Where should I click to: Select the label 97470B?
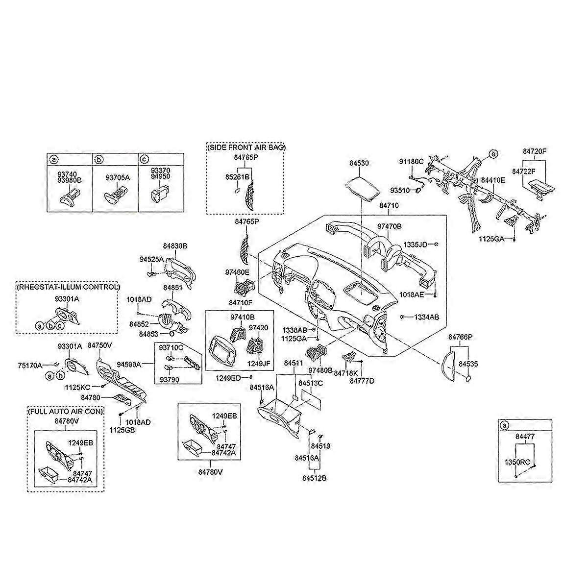pyautogui.click(x=389, y=226)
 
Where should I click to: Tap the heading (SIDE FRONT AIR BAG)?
pyautogui.click(x=245, y=147)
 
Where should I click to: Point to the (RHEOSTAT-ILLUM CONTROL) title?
pyautogui.click(x=68, y=287)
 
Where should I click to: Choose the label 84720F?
pyautogui.click(x=533, y=151)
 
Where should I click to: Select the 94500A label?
pyautogui.click(x=129, y=364)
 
